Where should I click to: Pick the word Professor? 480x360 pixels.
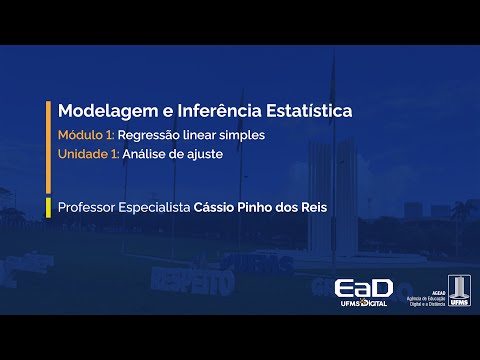click(86, 208)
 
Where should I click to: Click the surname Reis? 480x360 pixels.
click(341, 208)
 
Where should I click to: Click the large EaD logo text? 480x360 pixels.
click(363, 288)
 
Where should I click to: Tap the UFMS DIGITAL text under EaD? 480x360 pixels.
click(363, 301)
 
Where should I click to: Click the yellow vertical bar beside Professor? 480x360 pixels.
click(48, 208)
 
